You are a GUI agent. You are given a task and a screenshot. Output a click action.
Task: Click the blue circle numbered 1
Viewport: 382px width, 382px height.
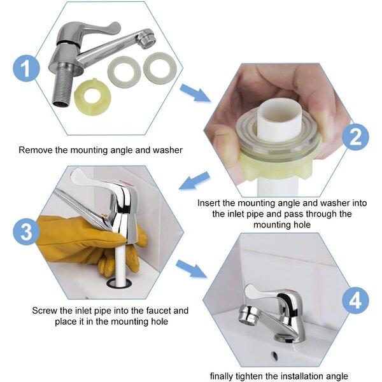(x=26, y=68)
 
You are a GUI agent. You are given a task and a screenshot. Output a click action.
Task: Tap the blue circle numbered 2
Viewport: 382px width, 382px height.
(x=355, y=137)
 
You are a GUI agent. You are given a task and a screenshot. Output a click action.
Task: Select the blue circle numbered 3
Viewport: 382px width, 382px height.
(x=26, y=232)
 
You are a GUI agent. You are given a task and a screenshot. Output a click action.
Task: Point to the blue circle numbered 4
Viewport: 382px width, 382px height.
(x=355, y=301)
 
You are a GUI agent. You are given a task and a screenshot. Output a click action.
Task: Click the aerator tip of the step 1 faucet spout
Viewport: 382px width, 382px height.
(x=146, y=38)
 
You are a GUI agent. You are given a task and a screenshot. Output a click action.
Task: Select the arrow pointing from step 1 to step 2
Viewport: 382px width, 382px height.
(x=194, y=92)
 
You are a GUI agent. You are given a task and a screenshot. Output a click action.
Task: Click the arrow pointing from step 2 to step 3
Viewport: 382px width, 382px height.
(x=194, y=181)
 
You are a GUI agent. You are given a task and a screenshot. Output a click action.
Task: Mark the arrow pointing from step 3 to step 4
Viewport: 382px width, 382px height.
(x=191, y=269)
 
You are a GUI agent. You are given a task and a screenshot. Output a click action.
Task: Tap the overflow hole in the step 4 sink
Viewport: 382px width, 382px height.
(x=274, y=356)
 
